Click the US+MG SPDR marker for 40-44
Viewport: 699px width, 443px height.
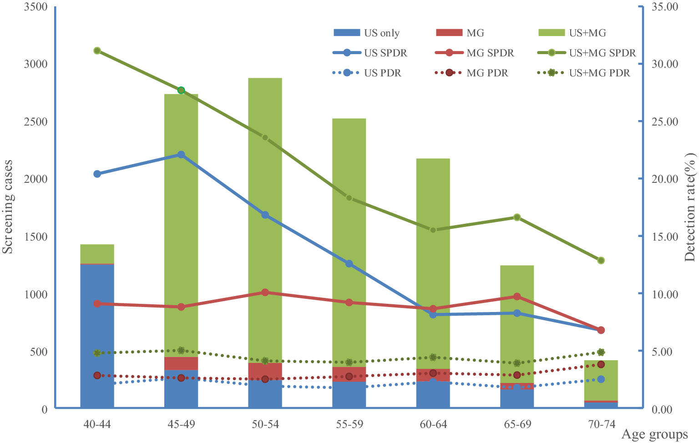[x=97, y=50]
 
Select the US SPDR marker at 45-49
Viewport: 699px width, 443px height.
[x=181, y=155]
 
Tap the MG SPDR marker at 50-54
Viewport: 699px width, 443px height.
[x=265, y=292]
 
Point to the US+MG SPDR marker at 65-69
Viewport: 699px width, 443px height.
[x=517, y=217]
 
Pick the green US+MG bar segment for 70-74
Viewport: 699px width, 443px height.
[x=601, y=380]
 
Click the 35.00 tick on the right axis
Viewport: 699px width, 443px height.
[x=665, y=7]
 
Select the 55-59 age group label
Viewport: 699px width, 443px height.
[x=349, y=424]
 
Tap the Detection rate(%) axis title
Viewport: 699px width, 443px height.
[x=690, y=207]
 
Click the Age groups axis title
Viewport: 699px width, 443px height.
[x=654, y=435]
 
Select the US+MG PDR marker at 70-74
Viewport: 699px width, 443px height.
[x=601, y=352]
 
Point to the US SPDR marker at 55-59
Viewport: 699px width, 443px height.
[x=349, y=264]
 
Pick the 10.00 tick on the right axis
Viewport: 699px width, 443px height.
[x=665, y=294]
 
